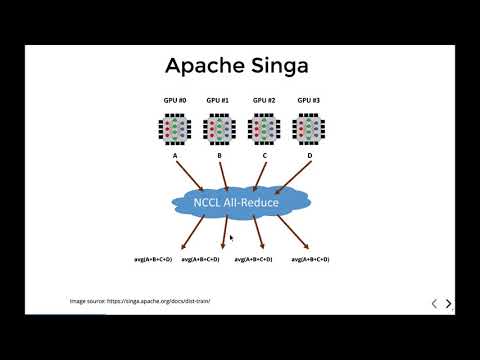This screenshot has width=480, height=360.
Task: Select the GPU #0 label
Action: pos(176,101)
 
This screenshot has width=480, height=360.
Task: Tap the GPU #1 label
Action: pos(219,101)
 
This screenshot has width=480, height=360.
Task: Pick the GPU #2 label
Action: pos(264,101)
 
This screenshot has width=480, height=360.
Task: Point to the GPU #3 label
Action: pos(308,101)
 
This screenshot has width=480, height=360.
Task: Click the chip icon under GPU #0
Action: pos(176,129)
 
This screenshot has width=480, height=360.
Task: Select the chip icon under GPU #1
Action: pos(219,129)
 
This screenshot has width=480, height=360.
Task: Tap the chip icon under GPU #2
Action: pos(264,129)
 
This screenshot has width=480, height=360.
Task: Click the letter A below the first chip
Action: pos(176,157)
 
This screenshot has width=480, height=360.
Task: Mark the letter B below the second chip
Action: pos(219,157)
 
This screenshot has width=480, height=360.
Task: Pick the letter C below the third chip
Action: pos(264,157)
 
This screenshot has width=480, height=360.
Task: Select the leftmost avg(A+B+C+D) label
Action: pos(154,259)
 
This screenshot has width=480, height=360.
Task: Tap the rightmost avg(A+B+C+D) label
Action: pos(311,259)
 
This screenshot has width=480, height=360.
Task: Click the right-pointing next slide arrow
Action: pos(449,303)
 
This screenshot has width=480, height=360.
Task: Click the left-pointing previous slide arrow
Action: pos(433,303)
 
